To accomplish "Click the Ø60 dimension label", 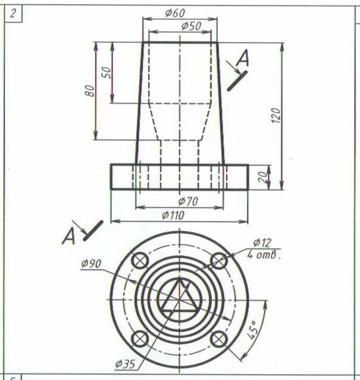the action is point(175,13).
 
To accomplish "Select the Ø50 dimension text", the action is point(191,26).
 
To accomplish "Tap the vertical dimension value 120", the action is point(276,116).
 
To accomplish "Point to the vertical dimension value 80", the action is point(90,91).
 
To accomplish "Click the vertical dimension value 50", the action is point(107,73).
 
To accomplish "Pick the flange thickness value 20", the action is point(263,177).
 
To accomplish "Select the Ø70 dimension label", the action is point(188,201).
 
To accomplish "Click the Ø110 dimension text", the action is point(173,215).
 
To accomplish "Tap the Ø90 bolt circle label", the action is point(91,264).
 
